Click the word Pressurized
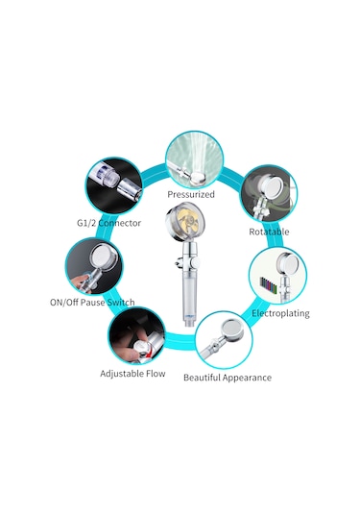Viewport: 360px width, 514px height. tap(191, 194)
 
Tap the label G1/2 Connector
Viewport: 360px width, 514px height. tap(108, 223)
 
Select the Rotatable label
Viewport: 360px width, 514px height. tap(269, 232)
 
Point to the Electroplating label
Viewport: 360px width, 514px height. tap(280, 313)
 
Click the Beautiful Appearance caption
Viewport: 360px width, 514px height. tap(228, 378)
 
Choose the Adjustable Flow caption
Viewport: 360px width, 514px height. tap(132, 374)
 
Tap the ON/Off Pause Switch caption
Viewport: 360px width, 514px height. tap(92, 303)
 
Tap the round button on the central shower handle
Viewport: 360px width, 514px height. tap(196, 262)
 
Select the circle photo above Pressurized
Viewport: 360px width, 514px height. tap(195, 159)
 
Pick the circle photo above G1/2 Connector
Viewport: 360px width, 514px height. tap(114, 185)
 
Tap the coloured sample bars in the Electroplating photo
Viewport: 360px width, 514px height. tap(268, 285)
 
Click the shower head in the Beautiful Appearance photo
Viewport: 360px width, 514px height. tap(232, 330)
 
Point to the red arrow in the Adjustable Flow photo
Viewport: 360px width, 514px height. tap(150, 354)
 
